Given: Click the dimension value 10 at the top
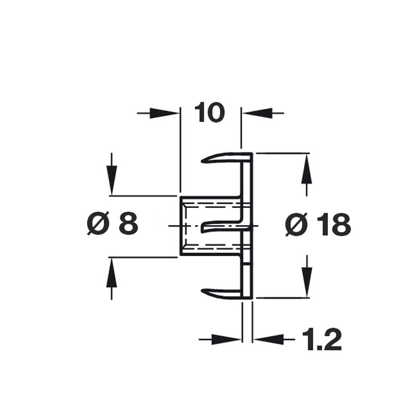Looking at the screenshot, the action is [x=210, y=112].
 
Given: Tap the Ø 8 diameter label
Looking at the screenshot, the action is [x=113, y=224].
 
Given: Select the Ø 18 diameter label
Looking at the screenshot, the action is [x=318, y=225].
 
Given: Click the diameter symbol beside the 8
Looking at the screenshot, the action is [x=99, y=224].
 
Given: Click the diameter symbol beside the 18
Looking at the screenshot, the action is [x=296, y=225].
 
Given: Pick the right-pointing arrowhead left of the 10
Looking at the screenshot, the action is [x=165, y=113].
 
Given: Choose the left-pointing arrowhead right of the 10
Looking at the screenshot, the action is [x=257, y=113].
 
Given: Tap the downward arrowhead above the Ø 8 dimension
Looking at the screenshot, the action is [x=112, y=180].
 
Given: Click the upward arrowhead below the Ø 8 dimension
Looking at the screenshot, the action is [x=112, y=272].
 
